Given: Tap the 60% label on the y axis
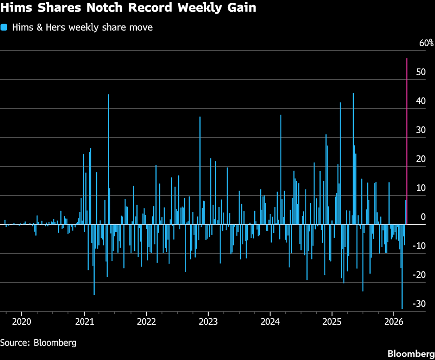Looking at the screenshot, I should tap(426, 43).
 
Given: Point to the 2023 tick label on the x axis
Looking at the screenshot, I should tap(208, 322).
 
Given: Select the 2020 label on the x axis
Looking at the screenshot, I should tap(21, 322).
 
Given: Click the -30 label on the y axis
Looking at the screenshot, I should tap(421, 303).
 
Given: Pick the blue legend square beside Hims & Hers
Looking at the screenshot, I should tap(5, 27).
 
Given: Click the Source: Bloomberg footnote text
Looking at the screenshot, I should tap(38, 342).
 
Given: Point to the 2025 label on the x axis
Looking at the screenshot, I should tap(332, 322).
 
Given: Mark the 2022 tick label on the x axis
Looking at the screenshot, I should tap(146, 322).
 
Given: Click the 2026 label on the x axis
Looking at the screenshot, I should tap(393, 322).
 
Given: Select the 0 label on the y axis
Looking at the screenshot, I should tap(423, 217).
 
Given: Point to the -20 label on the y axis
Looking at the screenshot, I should tap(421, 274).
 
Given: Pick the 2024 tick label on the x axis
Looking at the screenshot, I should tap(270, 322).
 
